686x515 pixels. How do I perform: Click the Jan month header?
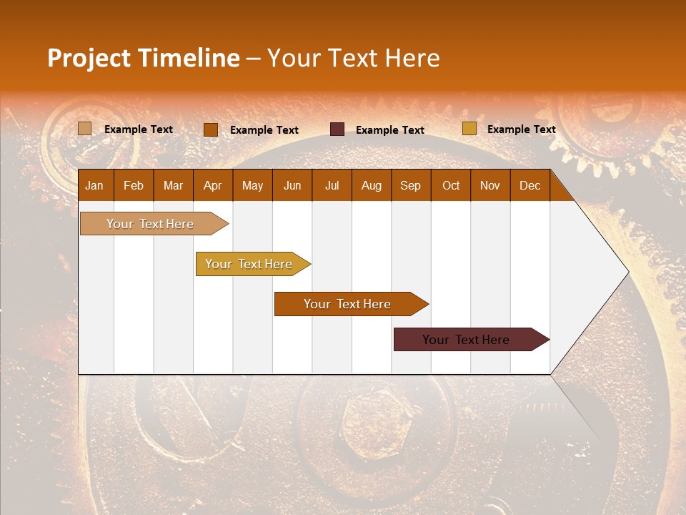[94, 186]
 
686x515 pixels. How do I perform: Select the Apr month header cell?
[212, 186]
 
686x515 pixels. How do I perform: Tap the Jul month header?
[332, 186]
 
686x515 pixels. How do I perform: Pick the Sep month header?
[410, 186]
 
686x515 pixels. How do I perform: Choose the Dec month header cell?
[530, 186]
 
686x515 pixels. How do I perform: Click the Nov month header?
[489, 186]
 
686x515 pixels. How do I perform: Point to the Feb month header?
[134, 186]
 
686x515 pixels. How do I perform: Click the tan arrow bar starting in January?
[150, 224]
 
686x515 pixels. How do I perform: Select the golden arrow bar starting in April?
[249, 264]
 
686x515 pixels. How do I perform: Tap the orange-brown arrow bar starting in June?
[347, 304]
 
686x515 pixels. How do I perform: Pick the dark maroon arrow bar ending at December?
[466, 340]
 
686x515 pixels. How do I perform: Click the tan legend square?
[84, 129]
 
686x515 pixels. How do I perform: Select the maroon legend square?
[337, 129]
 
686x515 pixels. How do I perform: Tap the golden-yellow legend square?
[469, 129]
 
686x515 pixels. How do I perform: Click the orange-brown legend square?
[210, 129]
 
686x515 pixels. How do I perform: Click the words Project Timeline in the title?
[143, 58]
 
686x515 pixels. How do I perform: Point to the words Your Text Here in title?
[353, 58]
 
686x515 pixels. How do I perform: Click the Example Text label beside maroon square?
[389, 130]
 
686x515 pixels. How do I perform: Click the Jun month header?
[292, 186]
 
